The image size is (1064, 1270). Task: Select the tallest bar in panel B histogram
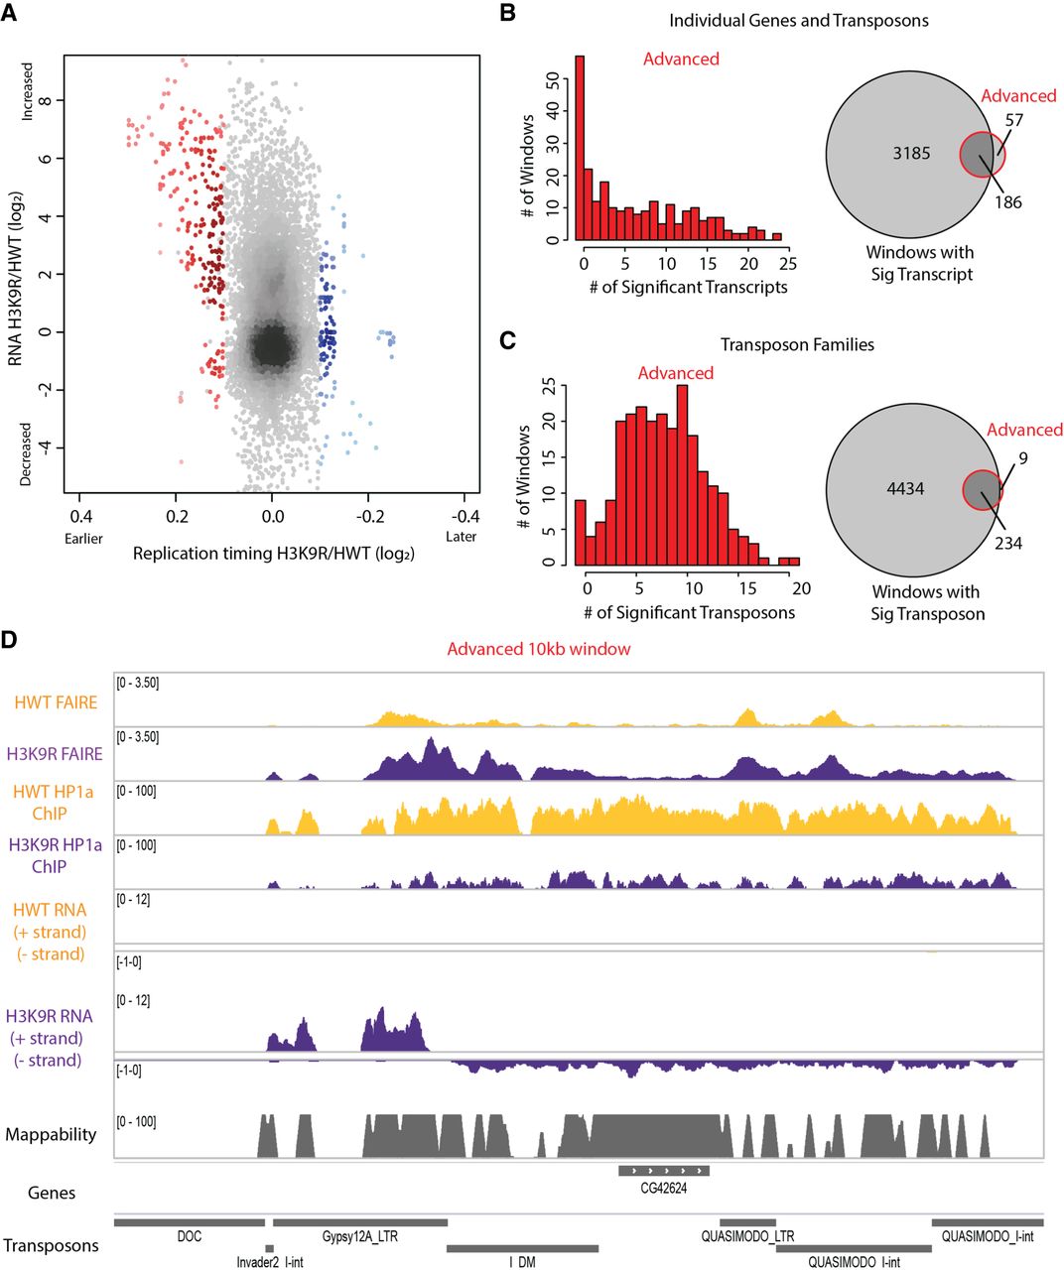580,148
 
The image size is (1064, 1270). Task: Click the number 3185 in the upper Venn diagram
911,154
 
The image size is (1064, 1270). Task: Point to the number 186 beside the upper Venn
1007,202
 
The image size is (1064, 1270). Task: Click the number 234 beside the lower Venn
1007,543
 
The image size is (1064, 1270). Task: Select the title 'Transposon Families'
797,345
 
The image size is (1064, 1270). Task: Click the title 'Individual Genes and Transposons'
799,20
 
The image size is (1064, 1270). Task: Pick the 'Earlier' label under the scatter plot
82,538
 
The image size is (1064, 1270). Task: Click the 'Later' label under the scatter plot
462,537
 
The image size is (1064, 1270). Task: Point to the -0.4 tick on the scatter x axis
465,516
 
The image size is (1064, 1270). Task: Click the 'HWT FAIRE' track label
56,702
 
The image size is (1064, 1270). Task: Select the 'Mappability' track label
51,1134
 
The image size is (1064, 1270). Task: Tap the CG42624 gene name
664,1189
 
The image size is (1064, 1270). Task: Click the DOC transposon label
189,1237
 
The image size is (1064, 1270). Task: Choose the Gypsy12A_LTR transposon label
358,1237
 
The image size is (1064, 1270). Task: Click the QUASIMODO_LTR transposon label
747,1237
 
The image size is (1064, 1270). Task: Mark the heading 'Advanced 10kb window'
539,649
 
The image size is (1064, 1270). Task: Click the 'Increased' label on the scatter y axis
28,91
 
